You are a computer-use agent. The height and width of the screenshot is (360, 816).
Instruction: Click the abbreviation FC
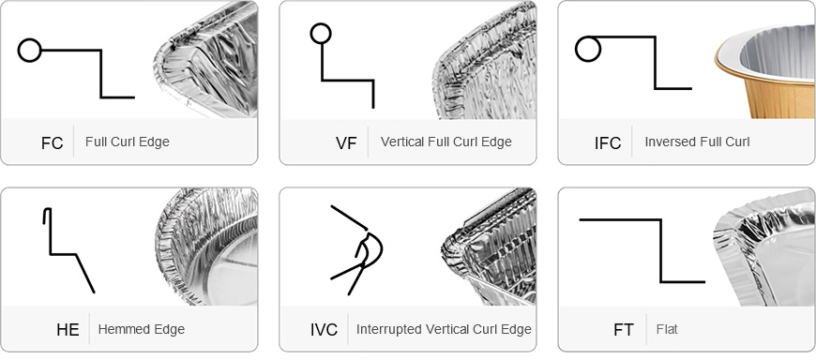[x=52, y=143]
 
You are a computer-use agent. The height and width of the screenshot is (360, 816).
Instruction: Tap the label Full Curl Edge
[x=128, y=142]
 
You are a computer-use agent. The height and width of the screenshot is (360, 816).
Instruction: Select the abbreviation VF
[x=346, y=143]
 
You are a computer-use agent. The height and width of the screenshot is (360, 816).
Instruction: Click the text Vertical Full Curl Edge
[x=446, y=142]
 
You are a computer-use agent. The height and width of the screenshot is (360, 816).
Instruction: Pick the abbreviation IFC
[x=608, y=143]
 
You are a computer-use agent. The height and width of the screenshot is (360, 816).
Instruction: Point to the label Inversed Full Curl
[x=697, y=142]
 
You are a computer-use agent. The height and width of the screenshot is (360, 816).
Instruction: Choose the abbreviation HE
[x=68, y=330]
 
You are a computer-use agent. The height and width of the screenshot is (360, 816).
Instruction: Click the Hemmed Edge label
[x=141, y=329]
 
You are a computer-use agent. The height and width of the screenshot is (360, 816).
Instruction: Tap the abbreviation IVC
[x=324, y=330]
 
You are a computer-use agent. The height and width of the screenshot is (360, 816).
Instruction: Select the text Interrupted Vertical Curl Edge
[x=444, y=329]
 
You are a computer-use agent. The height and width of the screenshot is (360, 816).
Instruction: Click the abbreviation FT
[x=624, y=330]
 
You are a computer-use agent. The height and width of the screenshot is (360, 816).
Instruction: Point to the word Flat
[x=667, y=329]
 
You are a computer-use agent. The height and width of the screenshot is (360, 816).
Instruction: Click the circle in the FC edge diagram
[x=29, y=39]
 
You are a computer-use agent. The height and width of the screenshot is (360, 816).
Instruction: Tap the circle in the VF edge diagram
[x=321, y=24]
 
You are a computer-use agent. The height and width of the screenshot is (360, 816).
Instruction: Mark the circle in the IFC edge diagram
[x=588, y=37]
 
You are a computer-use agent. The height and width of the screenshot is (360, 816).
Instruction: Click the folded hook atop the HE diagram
[x=46, y=210]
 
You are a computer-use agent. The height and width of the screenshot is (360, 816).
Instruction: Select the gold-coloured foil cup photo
[x=765, y=70]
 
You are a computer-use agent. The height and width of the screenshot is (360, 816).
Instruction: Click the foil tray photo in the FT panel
[x=764, y=248]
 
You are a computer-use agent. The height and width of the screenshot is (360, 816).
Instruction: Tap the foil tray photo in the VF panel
[x=485, y=60]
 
